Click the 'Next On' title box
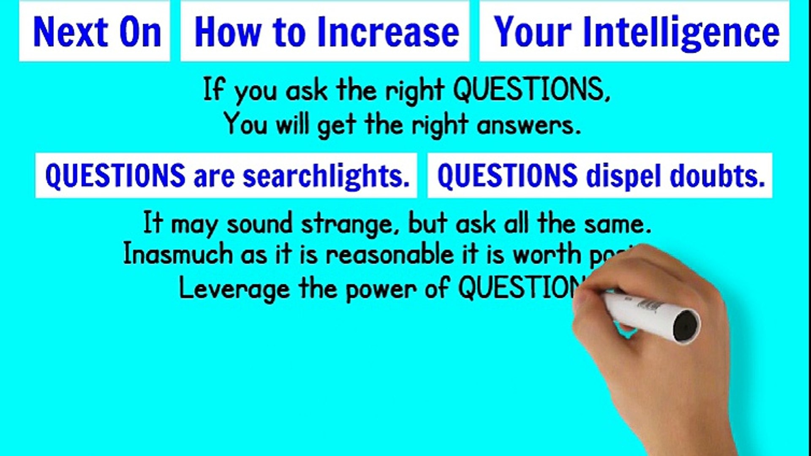[95, 32]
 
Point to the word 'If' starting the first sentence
[213, 89]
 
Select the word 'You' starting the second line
[245, 124]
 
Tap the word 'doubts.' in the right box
[718, 176]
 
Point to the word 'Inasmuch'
[178, 255]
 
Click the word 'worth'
[547, 255]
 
